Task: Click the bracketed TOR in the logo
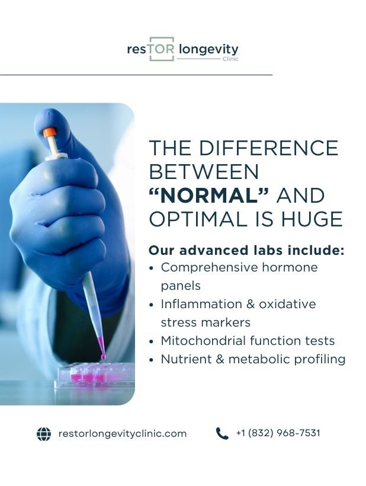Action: click(x=161, y=49)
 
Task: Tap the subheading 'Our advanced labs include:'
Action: click(x=246, y=250)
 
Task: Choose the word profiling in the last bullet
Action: click(x=319, y=359)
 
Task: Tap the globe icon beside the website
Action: click(x=44, y=434)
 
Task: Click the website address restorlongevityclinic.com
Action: click(x=123, y=434)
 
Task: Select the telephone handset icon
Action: click(x=222, y=434)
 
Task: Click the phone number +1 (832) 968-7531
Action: click(x=278, y=433)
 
